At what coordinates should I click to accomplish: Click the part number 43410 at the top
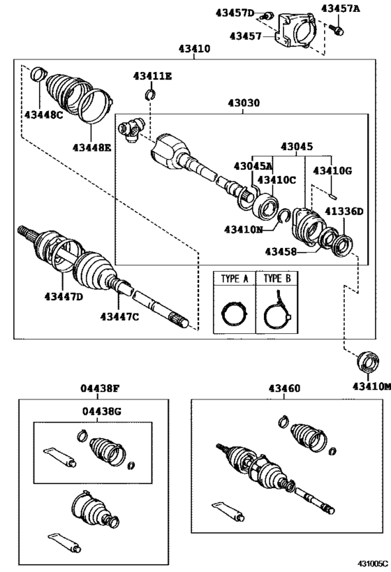tap(195, 50)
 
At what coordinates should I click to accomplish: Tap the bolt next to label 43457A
tap(339, 29)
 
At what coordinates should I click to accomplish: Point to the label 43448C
tap(43, 115)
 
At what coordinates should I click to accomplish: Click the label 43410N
tap(244, 228)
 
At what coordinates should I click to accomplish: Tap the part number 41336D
tap(343, 211)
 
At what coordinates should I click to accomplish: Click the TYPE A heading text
tap(235, 278)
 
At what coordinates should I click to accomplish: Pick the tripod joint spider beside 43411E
tap(131, 129)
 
